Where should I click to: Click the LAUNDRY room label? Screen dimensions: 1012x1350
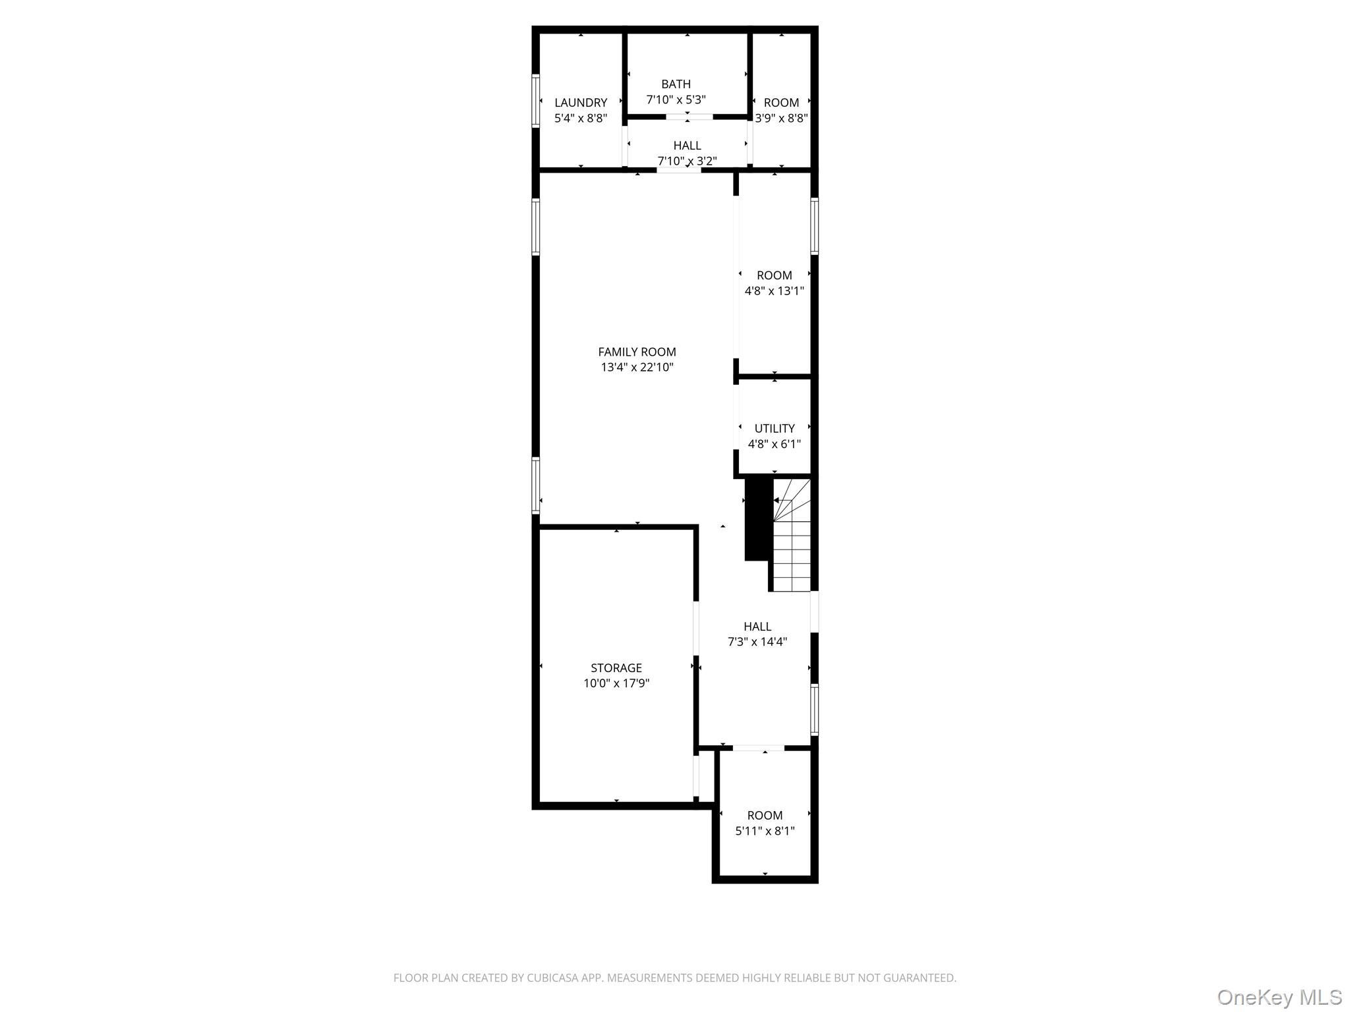click(x=580, y=103)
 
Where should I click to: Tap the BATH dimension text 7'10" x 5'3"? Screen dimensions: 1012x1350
click(x=676, y=100)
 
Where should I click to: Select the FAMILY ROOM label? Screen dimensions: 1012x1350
click(x=637, y=352)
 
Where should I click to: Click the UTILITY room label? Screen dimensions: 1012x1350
click(x=774, y=428)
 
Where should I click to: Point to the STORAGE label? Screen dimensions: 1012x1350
click(x=616, y=667)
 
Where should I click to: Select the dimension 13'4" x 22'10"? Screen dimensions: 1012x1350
click(x=637, y=368)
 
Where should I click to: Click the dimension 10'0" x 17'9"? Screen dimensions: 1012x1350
click(x=616, y=683)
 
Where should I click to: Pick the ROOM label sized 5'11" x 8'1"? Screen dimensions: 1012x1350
click(x=765, y=815)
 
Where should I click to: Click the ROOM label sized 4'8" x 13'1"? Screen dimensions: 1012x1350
click(x=774, y=275)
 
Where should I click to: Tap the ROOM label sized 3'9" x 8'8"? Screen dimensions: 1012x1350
click(x=781, y=103)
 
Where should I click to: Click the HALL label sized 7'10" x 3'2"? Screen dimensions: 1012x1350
click(x=687, y=146)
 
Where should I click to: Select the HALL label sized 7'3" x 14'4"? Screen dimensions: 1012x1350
click(x=757, y=627)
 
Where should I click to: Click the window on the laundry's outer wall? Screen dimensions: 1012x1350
click(x=536, y=101)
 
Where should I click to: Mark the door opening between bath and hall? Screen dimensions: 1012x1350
click(x=689, y=117)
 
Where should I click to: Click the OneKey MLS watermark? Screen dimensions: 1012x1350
click(x=1279, y=997)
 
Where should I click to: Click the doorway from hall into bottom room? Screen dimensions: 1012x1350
click(x=758, y=748)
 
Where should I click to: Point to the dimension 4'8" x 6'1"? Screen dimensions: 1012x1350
click(x=774, y=444)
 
